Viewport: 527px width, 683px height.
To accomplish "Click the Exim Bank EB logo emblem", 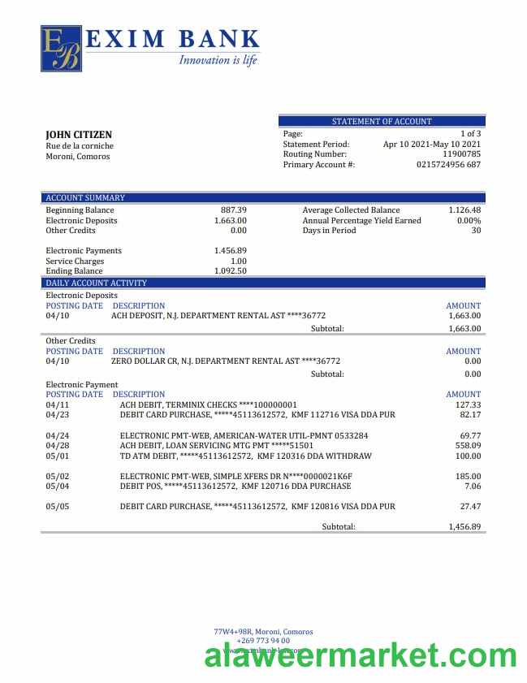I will (61, 48).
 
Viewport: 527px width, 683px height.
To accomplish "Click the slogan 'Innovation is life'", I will (218, 59).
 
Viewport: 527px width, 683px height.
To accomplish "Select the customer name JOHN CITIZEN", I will (79, 135).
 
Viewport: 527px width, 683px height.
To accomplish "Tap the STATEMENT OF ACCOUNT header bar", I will (382, 121).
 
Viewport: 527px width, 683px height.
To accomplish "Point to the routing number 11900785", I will (461, 154).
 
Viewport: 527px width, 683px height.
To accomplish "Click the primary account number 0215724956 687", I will (448, 165).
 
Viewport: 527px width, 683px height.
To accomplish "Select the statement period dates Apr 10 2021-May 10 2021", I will (432, 144).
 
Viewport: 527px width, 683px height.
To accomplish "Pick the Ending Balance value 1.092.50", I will (230, 271).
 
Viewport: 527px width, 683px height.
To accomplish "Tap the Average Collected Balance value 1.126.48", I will (464, 210).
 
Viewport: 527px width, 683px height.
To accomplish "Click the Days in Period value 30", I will (476, 231).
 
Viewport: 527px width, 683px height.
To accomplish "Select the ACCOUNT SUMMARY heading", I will (85, 197).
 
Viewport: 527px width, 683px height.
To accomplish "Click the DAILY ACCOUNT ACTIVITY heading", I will (96, 283).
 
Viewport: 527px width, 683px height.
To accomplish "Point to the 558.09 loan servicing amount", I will (468, 446).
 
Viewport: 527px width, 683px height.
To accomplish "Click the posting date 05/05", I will (58, 507).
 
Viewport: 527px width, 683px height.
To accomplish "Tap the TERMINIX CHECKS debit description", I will (208, 404).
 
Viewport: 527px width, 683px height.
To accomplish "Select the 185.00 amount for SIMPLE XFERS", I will (468, 476).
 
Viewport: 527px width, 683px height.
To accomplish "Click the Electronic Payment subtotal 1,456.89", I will (464, 527).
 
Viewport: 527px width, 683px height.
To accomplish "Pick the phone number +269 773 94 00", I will (263, 641).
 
